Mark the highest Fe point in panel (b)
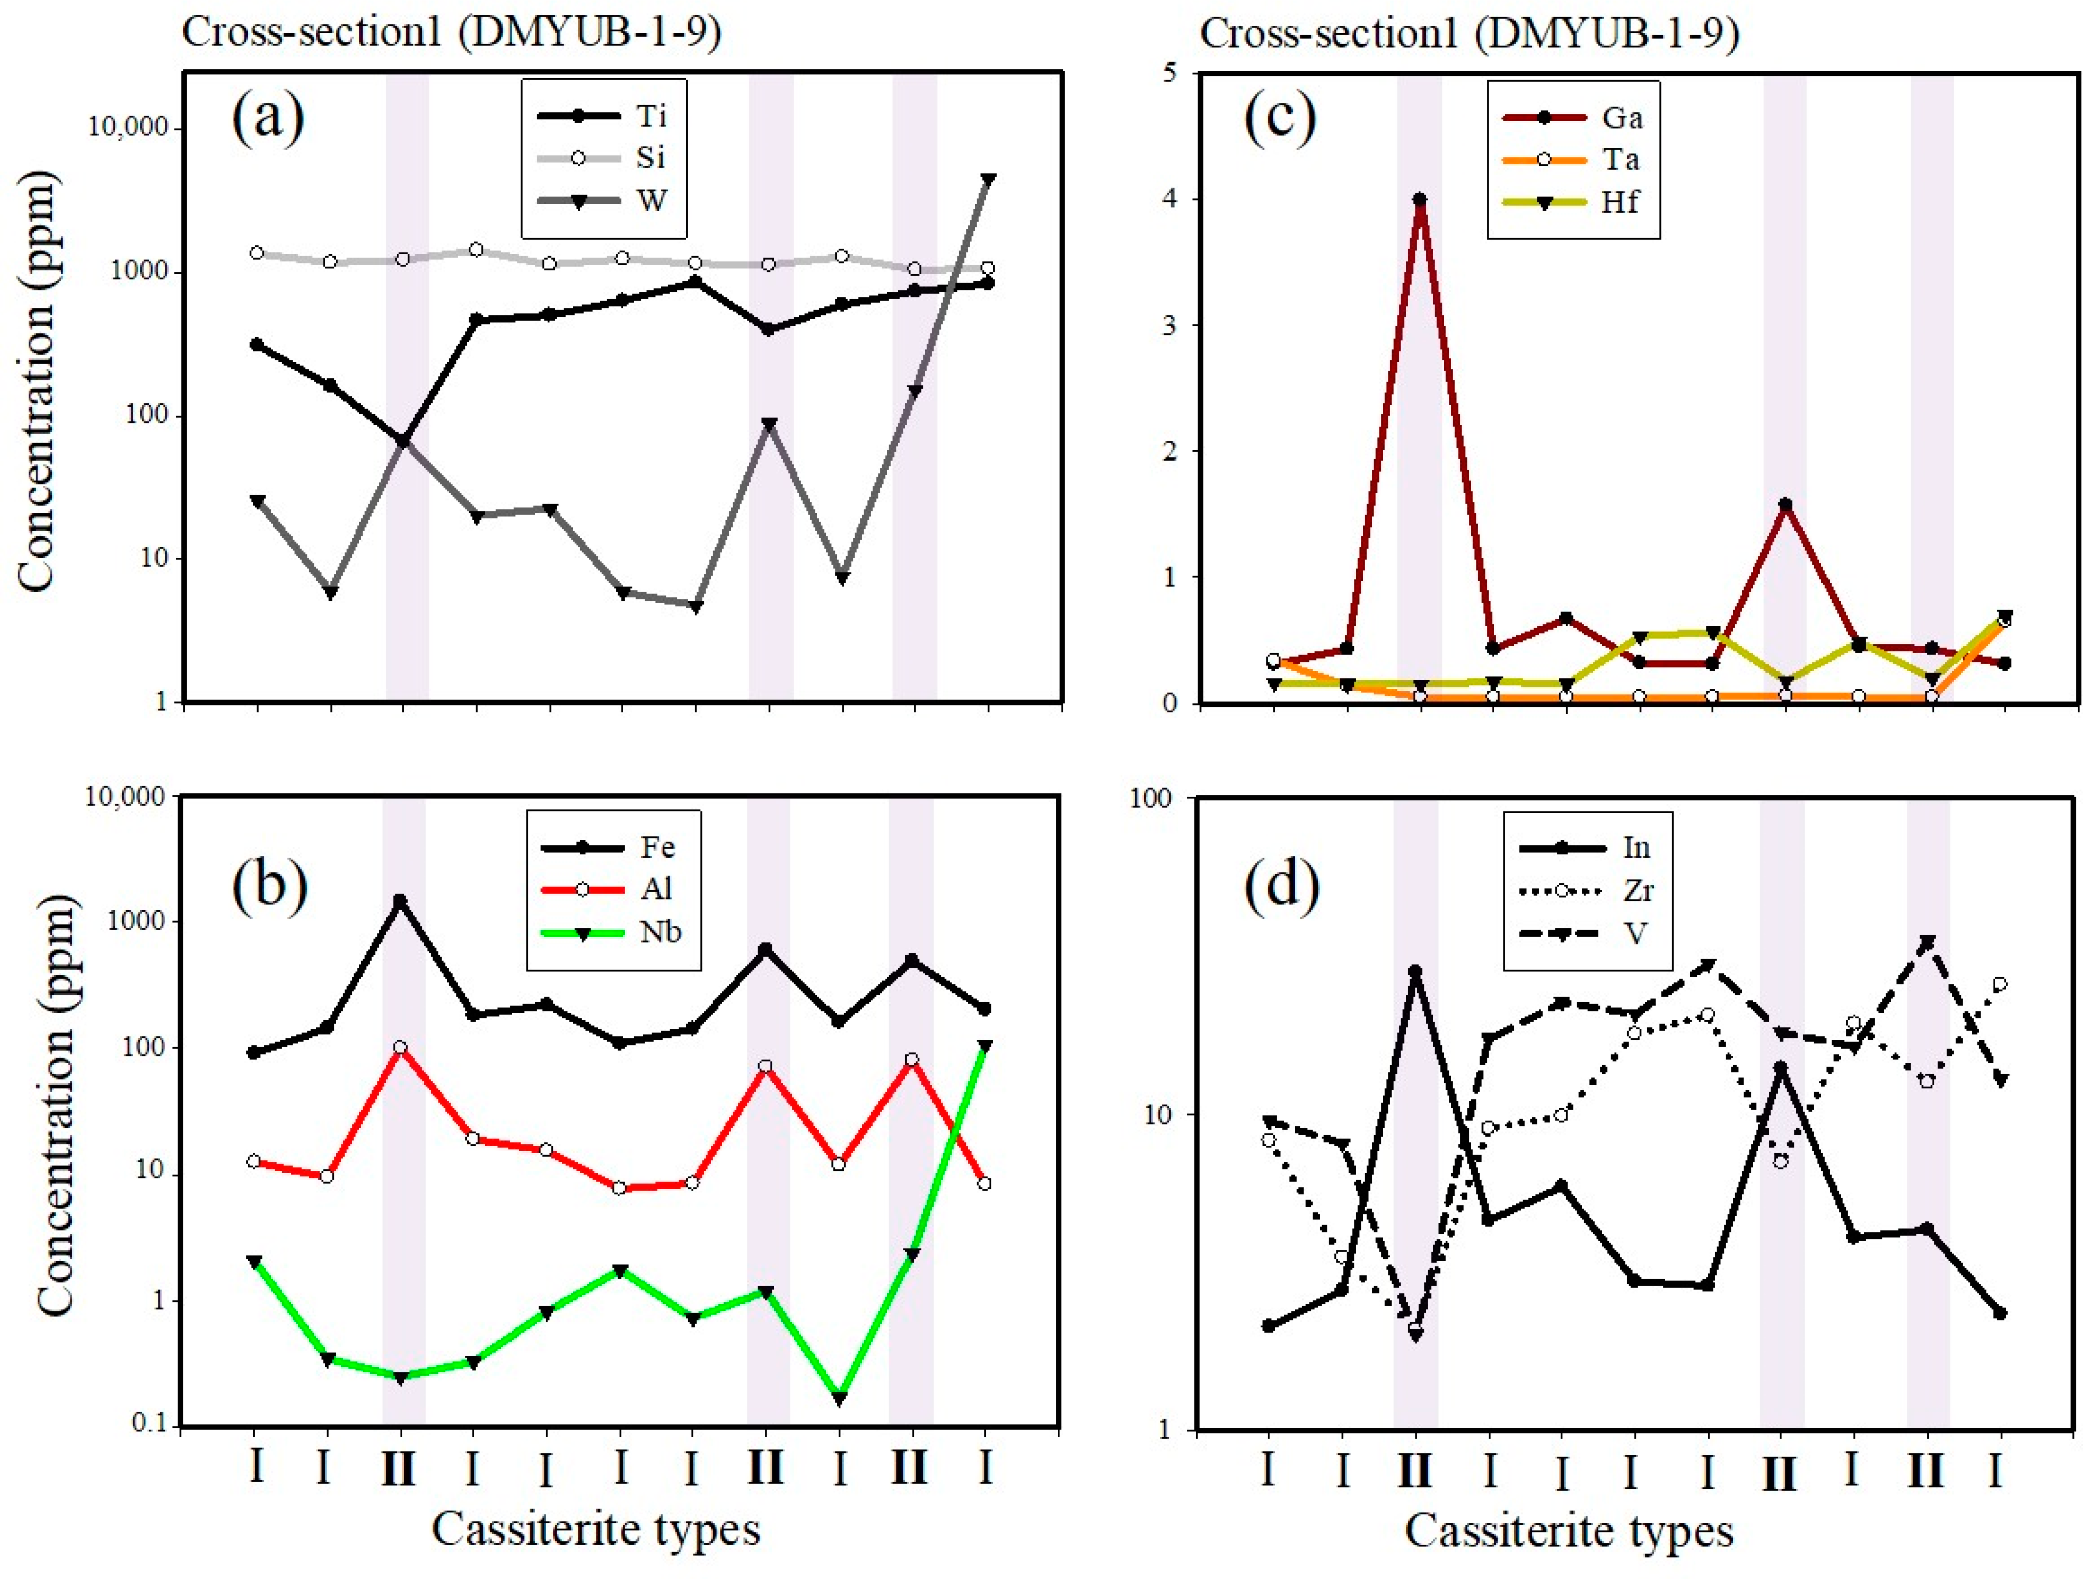point(400,900)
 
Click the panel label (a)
point(269,117)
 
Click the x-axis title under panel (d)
point(1569,1531)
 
